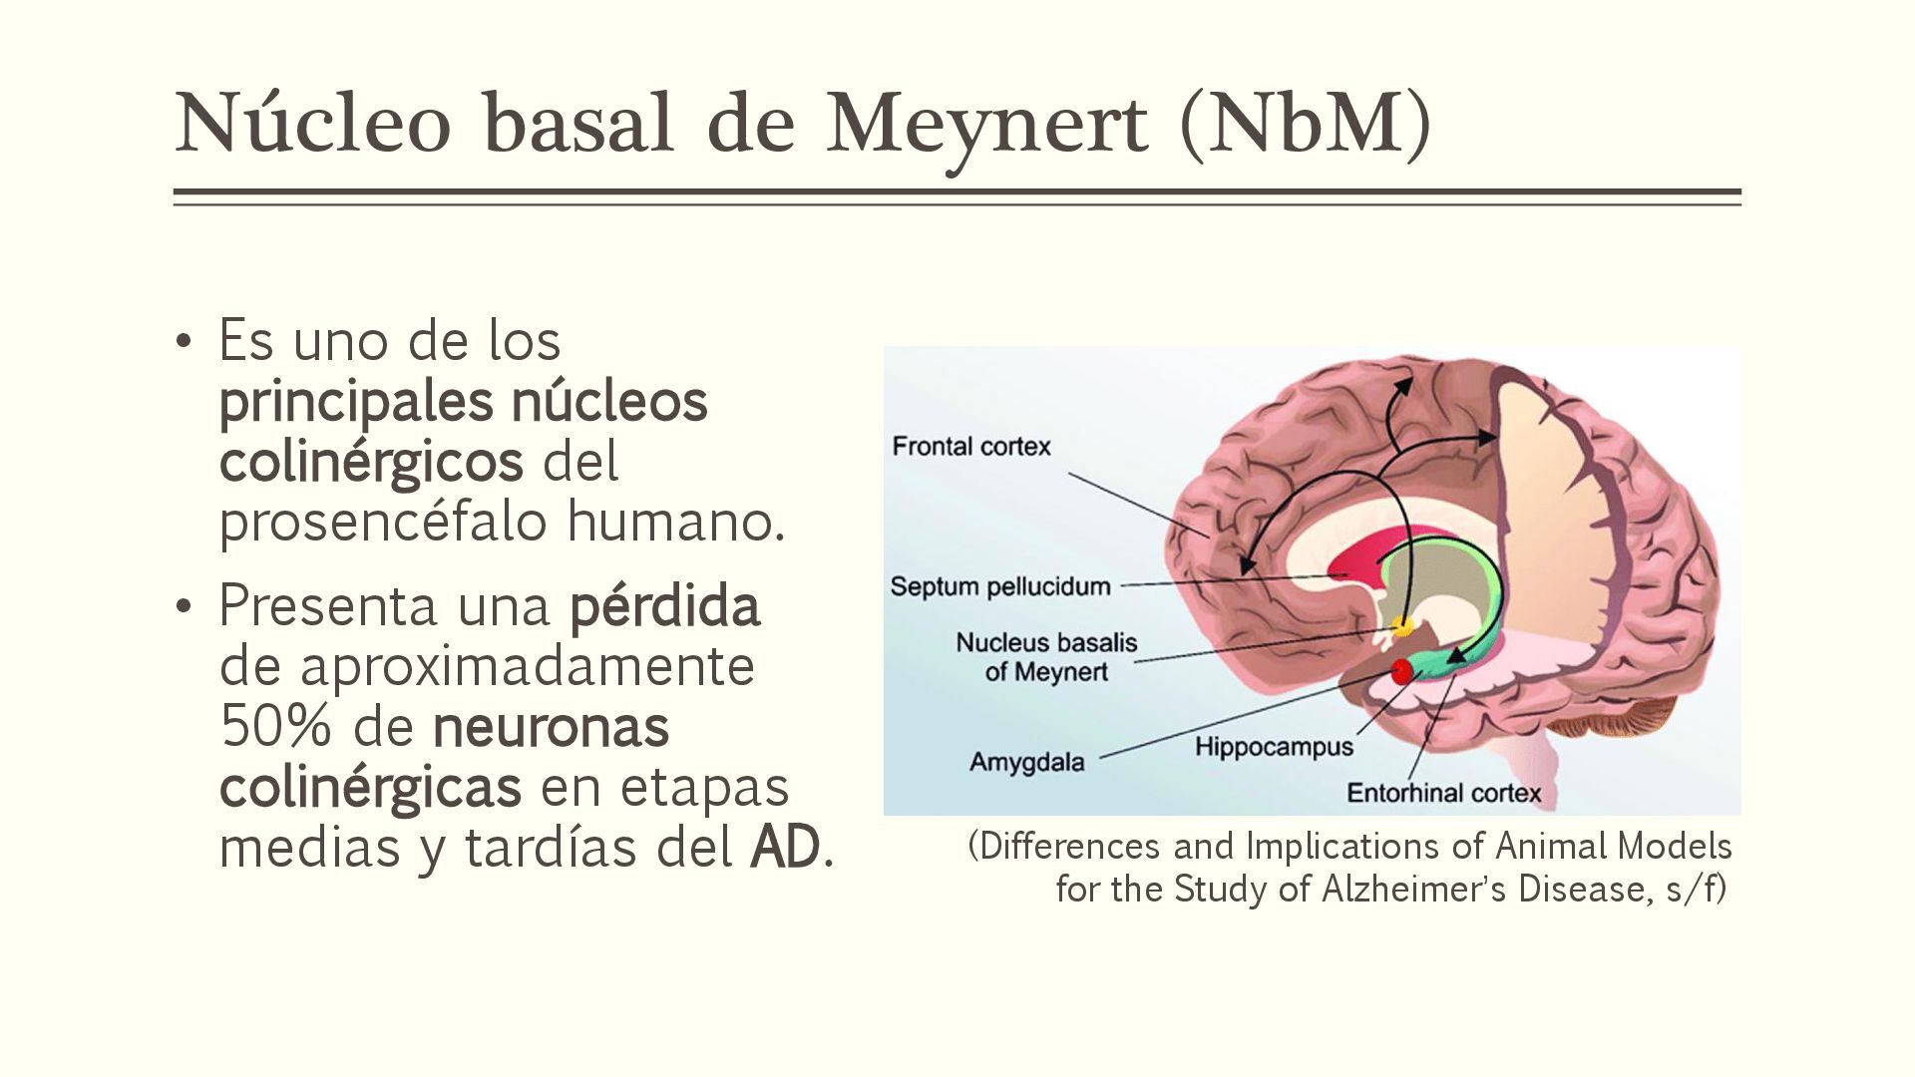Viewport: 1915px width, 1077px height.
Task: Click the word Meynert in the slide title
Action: pos(987,125)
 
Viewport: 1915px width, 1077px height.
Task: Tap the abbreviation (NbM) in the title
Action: pos(1306,125)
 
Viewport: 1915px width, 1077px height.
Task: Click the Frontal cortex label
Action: pos(971,447)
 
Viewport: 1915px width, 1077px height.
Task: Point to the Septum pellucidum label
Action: pos(1000,586)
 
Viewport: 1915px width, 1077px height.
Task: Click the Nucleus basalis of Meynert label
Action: pos(1046,657)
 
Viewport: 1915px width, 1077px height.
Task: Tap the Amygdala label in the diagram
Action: pos(1026,763)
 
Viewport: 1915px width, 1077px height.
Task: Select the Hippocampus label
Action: pos(1274,747)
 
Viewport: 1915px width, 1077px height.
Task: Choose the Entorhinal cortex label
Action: pos(1443,794)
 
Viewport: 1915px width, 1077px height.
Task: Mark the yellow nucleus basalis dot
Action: pos(1403,626)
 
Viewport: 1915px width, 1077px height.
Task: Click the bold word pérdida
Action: pos(664,606)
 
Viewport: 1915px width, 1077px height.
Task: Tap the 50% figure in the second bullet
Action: pos(275,727)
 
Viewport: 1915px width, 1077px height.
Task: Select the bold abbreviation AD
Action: pos(785,848)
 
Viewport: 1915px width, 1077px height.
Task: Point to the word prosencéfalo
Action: pos(384,522)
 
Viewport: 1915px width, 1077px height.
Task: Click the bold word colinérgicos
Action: pos(371,462)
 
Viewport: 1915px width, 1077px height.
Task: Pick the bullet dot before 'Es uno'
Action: pos(182,342)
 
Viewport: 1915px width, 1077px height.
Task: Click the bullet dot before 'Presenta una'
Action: pos(182,606)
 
